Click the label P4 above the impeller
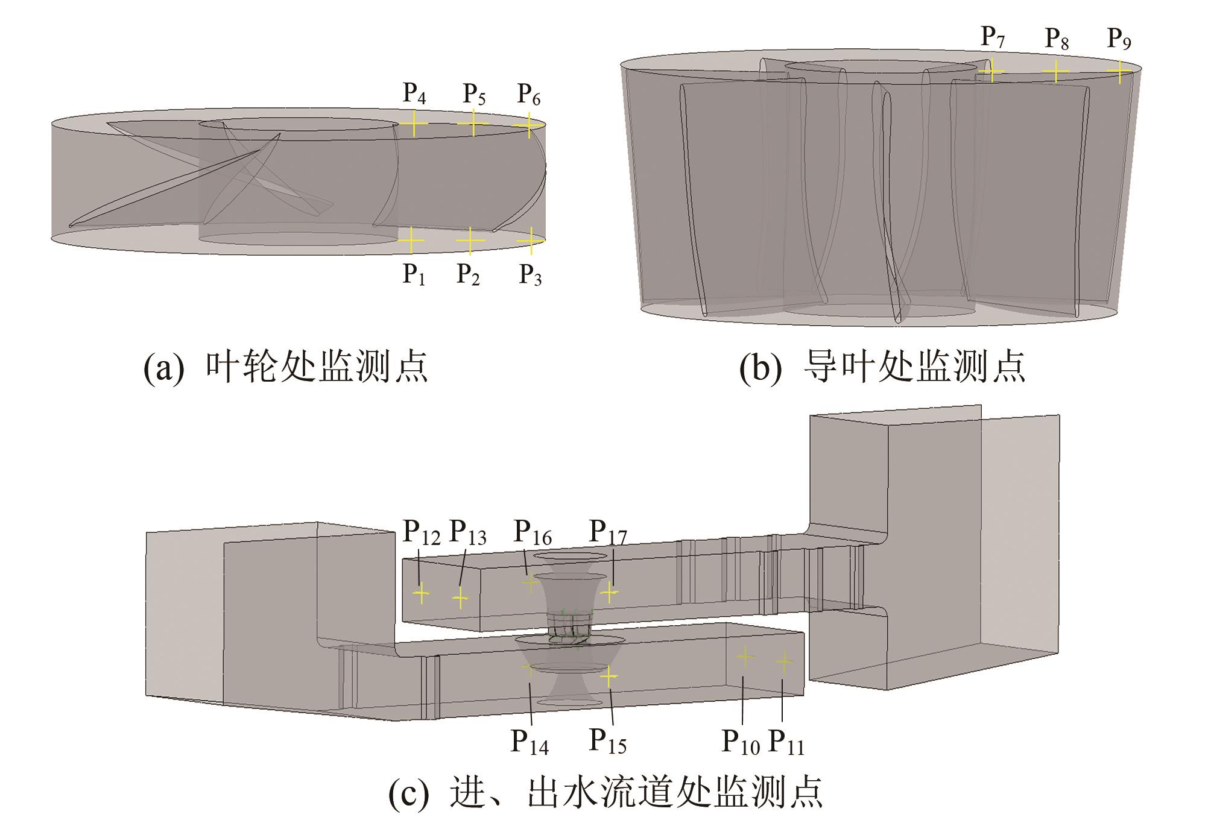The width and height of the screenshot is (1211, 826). tap(414, 94)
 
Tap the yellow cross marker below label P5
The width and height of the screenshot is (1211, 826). tap(473, 124)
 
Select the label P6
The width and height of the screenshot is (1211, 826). tap(529, 95)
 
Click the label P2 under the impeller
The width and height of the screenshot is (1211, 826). tap(469, 275)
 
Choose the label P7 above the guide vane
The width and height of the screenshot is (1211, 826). tap(993, 38)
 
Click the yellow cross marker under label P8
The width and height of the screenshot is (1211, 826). tap(1055, 72)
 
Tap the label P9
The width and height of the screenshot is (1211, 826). tap(1119, 39)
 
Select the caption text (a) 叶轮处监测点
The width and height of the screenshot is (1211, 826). tap(285, 367)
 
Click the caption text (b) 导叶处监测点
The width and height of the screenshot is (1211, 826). tap(882, 367)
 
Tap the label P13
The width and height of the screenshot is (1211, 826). tap(468, 533)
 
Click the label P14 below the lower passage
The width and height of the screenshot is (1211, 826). tap(530, 742)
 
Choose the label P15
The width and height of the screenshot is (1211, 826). tap(608, 742)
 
